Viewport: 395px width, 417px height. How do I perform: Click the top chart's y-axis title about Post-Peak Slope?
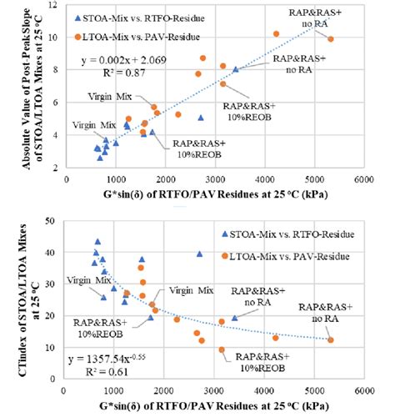click(x=15, y=83)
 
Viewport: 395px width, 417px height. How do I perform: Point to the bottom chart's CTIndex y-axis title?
click(x=15, y=296)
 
